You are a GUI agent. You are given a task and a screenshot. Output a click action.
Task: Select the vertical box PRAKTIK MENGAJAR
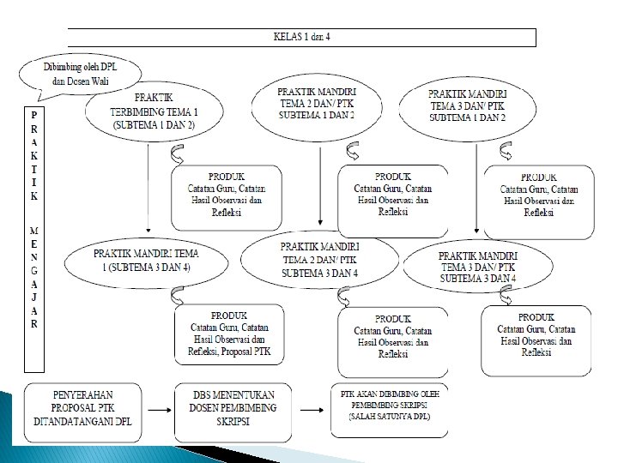coord(33,239)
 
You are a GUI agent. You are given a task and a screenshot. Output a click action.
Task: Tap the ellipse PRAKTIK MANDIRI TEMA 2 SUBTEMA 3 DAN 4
coord(319,259)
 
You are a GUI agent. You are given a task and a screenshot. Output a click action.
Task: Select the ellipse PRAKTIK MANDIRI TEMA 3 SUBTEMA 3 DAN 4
coord(478,268)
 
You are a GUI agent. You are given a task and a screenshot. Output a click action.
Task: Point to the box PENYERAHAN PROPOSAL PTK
coord(82,410)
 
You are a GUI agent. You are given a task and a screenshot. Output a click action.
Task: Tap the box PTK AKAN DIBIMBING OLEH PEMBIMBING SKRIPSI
coord(389,411)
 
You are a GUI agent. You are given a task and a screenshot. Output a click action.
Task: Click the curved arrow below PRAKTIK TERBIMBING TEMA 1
coord(177,154)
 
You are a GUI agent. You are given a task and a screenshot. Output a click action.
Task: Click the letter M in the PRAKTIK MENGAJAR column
coord(33,231)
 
